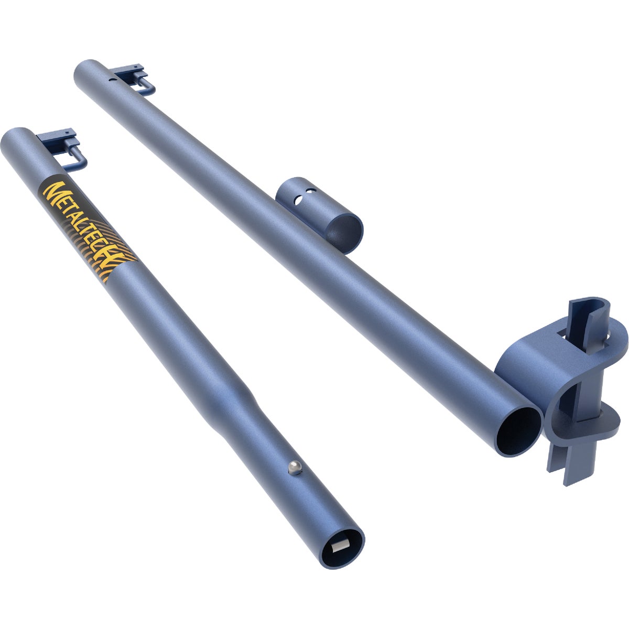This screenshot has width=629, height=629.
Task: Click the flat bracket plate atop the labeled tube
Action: [58, 136]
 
